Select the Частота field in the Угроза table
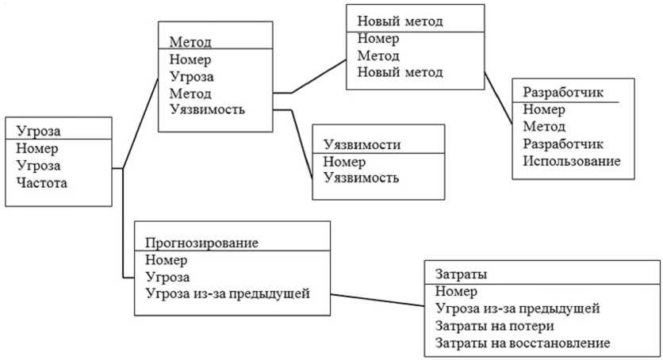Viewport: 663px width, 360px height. pyautogui.click(x=41, y=183)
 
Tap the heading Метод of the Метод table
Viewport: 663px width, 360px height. pyautogui.click(x=190, y=42)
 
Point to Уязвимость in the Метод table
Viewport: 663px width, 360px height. pyautogui.click(x=207, y=109)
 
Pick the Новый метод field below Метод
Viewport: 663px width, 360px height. pyautogui.click(x=400, y=73)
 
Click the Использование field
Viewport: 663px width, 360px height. pyautogui.click(x=571, y=161)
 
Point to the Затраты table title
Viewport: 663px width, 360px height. pyautogui.click(x=461, y=274)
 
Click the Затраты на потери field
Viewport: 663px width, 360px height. pyautogui.click(x=494, y=325)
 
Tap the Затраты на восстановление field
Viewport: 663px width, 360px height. pyautogui.click(x=523, y=343)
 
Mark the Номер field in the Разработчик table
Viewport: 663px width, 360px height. pyautogui.click(x=543, y=109)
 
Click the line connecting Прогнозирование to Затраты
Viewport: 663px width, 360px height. pyautogui.click(x=377, y=301)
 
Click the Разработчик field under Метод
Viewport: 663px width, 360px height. pyautogui.click(x=563, y=144)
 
